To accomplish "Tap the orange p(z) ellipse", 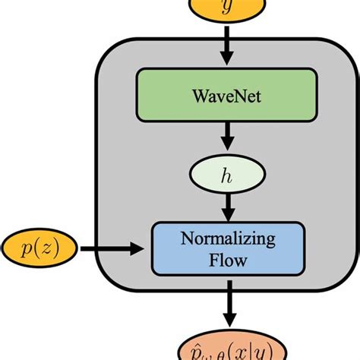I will [x=39, y=248].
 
